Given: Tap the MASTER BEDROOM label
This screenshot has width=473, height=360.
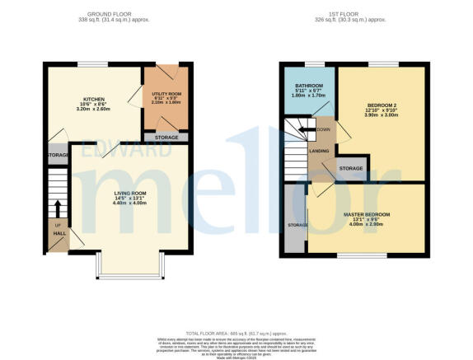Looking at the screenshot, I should pyautogui.click(x=367, y=214).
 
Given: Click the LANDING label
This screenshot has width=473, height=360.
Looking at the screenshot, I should pyautogui.click(x=320, y=150).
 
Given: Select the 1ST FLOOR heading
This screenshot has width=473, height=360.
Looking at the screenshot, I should pyautogui.click(x=352, y=14).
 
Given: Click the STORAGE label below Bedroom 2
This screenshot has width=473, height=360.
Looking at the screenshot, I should pyautogui.click(x=351, y=168).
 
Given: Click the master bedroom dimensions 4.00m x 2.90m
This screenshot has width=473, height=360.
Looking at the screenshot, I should pyautogui.click(x=367, y=224).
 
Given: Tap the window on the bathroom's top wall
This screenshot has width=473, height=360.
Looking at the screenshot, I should pyautogui.click(x=313, y=63).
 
